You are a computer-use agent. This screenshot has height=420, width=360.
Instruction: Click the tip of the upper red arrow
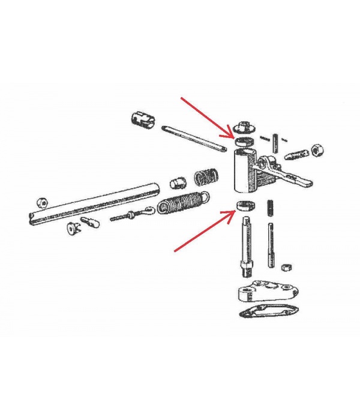[x=231, y=136]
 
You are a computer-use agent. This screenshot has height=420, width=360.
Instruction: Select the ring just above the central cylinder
[x=243, y=141]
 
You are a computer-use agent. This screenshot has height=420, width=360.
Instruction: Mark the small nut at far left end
[x=42, y=201]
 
